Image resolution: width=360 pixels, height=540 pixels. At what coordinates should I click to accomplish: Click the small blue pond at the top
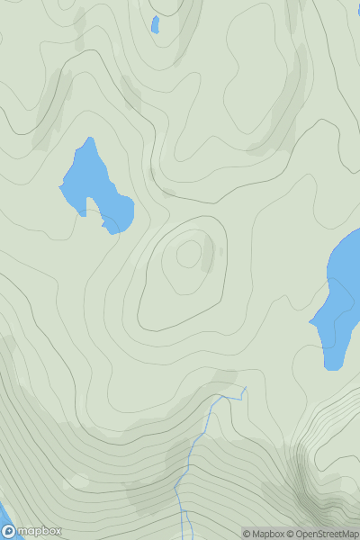[x=155, y=24]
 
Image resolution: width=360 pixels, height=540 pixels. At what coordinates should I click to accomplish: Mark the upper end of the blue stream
[x=244, y=388]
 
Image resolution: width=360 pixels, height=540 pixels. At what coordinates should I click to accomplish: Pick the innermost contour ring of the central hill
[x=188, y=254]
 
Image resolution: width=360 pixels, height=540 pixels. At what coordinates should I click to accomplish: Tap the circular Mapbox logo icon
[x=9, y=531]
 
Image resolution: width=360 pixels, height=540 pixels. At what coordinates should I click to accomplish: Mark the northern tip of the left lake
[x=89, y=140]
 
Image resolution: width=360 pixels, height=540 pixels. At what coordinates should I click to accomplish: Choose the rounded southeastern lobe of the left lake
[x=120, y=216]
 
